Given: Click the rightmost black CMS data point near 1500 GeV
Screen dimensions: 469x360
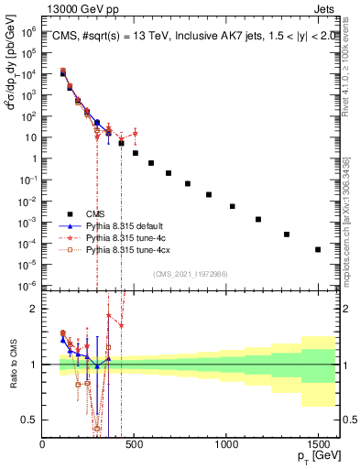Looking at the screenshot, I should click(318, 249).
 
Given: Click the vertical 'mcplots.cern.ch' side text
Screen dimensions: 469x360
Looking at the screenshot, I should click(351, 211).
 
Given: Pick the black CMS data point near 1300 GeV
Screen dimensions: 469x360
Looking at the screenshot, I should click(287, 234).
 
